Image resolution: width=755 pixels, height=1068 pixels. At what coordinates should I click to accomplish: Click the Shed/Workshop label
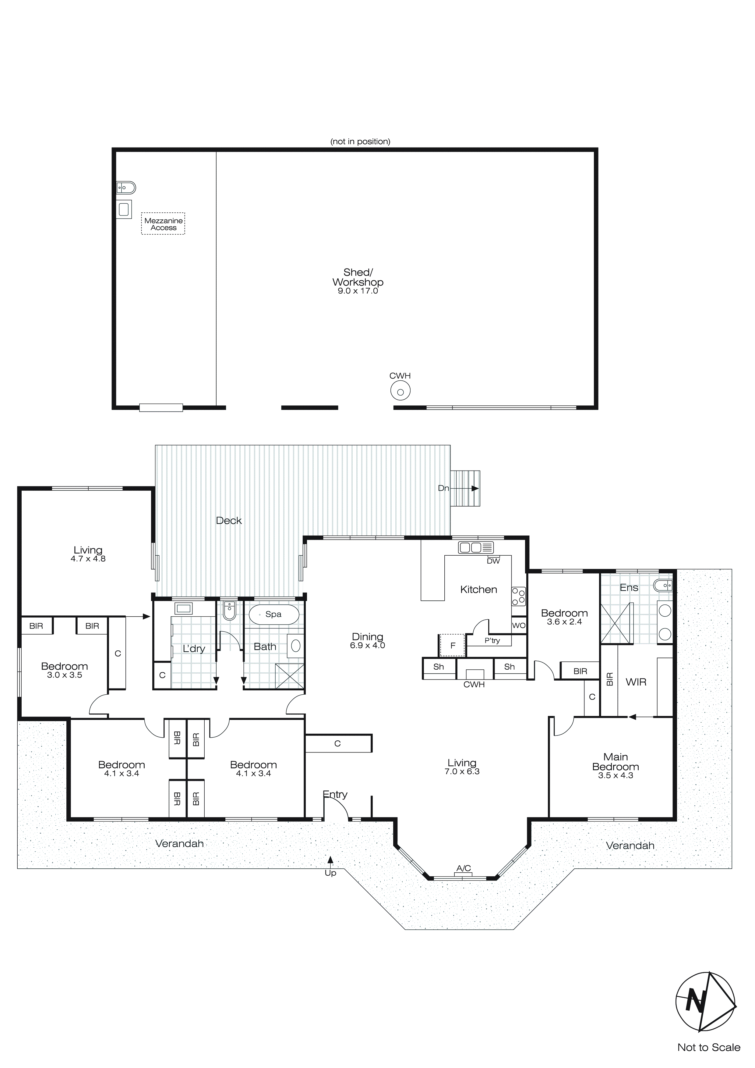pyautogui.click(x=358, y=277)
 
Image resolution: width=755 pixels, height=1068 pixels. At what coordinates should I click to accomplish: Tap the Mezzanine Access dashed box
pyautogui.click(x=163, y=224)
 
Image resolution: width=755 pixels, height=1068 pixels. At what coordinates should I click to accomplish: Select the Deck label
pyautogui.click(x=229, y=521)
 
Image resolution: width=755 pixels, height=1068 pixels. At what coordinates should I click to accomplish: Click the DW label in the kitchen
pyautogui.click(x=493, y=561)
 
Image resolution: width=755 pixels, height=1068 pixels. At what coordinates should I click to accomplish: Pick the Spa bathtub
pyautogui.click(x=274, y=614)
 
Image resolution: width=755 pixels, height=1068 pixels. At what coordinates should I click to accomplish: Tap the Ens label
pyautogui.click(x=629, y=588)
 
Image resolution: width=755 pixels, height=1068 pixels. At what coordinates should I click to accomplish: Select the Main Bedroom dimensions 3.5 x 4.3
pyautogui.click(x=616, y=775)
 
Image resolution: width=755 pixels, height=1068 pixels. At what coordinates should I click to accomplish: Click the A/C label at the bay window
pyautogui.click(x=464, y=868)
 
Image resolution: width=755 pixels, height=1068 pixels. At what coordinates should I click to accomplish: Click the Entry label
pyautogui.click(x=335, y=795)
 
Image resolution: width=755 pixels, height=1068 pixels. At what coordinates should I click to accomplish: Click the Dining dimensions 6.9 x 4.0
pyautogui.click(x=367, y=646)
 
